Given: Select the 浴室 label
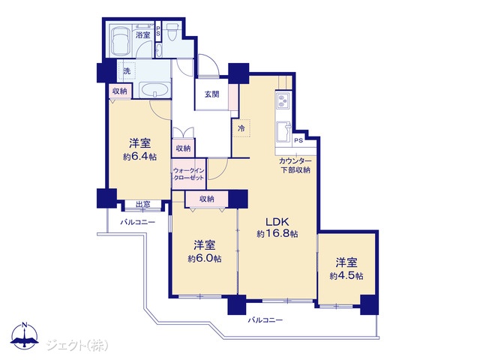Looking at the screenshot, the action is point(143,34).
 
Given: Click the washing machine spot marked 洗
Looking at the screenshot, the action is point(127,71).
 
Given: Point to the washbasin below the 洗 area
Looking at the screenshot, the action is point(155,90).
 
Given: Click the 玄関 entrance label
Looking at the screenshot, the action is point(211,94).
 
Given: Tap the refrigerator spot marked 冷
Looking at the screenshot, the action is point(241,128).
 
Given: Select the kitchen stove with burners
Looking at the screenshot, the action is point(282,100).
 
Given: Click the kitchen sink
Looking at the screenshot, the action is point(284,132).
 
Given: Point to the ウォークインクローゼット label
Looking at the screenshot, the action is point(188,174).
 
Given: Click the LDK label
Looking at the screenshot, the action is point(277,221).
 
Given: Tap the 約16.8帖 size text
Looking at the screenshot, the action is point(277,234).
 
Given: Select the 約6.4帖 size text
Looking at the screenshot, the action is point(140,157).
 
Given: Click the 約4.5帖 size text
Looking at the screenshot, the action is point(346,276).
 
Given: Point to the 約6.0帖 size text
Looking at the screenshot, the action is point(205,259).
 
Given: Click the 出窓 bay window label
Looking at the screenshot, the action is point(143,204).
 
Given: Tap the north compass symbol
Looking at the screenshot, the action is point(25,335).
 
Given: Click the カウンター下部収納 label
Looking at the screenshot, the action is point(295,166).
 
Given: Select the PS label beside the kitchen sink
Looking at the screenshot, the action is point(298,140).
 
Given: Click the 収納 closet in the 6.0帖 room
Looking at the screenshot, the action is point(207,199).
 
